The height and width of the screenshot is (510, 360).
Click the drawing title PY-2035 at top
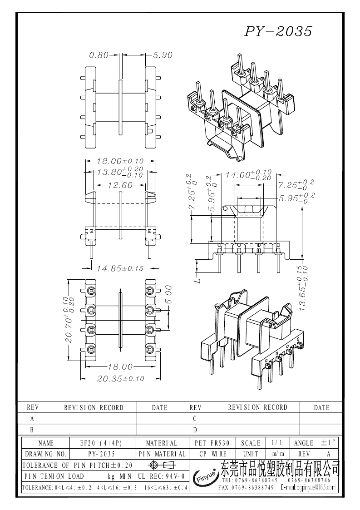[278, 31]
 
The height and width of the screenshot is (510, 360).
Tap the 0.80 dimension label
[99, 55]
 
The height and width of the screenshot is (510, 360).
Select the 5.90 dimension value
[163, 55]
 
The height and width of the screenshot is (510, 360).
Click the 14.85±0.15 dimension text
[120, 268]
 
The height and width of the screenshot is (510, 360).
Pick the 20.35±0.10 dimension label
[121, 379]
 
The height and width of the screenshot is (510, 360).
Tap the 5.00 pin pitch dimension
[168, 295]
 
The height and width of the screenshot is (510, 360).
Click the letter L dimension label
[199, 279]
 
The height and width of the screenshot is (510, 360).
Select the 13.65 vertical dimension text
[303, 288]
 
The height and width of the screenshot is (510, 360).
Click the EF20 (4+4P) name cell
[101, 443]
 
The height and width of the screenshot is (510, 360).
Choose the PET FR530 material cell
[212, 443]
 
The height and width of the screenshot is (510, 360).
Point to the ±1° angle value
[329, 443]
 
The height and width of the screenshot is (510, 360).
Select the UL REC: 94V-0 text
[162, 476]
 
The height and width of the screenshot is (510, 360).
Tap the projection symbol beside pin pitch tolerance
[162, 465]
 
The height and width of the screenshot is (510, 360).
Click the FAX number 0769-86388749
[247, 487]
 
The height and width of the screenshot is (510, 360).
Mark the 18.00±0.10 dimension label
[120, 161]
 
